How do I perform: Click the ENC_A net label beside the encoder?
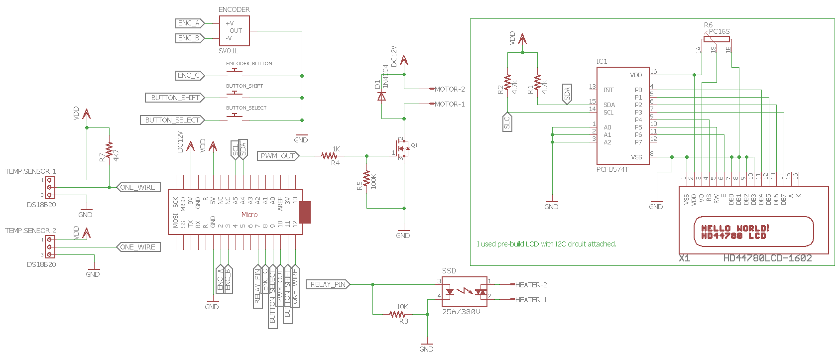[x=189, y=23]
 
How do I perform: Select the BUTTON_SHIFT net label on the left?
[x=174, y=98]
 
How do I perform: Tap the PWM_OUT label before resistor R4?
[x=277, y=156]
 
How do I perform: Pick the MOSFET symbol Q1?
[x=403, y=148]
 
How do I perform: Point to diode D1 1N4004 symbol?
[x=382, y=96]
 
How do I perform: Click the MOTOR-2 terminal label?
[x=449, y=89]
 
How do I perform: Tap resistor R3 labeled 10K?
[x=397, y=314]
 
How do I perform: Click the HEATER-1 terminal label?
[x=531, y=300]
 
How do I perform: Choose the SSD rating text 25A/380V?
[x=461, y=312]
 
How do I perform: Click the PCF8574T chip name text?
[x=612, y=169]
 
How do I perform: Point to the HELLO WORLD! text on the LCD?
[x=735, y=228]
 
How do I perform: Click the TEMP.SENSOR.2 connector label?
[x=30, y=231]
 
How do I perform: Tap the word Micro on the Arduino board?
[x=249, y=215]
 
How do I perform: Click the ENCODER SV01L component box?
[x=234, y=31]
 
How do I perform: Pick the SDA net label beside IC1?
[x=567, y=94]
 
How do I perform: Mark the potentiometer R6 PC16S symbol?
[x=717, y=39]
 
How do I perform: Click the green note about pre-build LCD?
[x=546, y=244]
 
